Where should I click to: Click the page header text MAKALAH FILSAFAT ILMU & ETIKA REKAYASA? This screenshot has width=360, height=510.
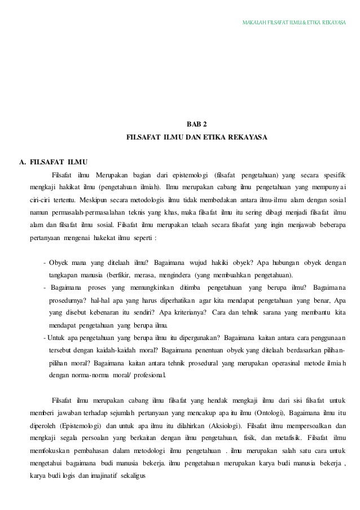pyautogui.click(x=293, y=24)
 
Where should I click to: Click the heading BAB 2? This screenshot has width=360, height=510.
pyautogui.click(x=197, y=124)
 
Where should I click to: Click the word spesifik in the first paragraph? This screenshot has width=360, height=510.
pyautogui.click(x=335, y=172)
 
